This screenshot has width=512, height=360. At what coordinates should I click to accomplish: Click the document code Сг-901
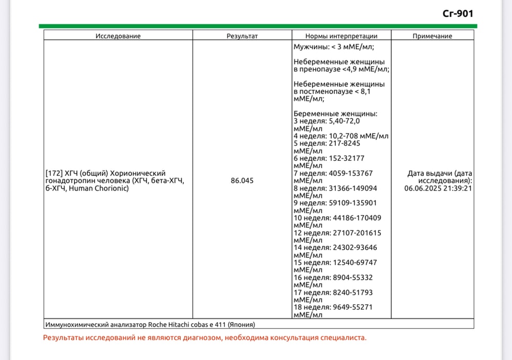(x=458, y=13)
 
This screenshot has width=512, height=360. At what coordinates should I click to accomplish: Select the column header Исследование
(x=118, y=36)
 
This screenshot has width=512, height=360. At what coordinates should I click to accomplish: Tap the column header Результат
(x=242, y=36)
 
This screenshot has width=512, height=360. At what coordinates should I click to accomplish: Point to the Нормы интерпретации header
(x=342, y=36)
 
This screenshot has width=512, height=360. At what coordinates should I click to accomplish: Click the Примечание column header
(x=432, y=36)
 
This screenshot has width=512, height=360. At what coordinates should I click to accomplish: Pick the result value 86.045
(x=242, y=181)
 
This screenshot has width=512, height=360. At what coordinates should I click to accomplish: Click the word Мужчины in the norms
(x=309, y=47)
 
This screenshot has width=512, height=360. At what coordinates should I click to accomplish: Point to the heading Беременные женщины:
(x=335, y=114)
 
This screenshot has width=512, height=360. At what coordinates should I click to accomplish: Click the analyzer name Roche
(x=159, y=324)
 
